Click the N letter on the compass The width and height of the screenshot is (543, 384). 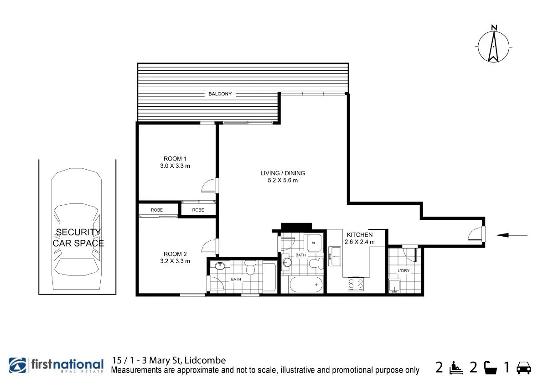[x=494, y=27]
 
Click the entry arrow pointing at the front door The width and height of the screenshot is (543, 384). [x=511, y=235]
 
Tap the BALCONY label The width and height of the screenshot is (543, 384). [x=220, y=94]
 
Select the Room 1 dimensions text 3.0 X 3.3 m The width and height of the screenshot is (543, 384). [x=172, y=166]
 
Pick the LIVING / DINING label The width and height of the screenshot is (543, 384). [x=283, y=173]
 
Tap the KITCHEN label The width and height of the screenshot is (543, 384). [x=360, y=235]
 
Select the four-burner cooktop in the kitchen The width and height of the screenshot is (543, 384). [x=356, y=284]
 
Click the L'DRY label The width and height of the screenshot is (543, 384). [x=403, y=271]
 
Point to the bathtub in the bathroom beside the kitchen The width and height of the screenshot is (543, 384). [x=302, y=285]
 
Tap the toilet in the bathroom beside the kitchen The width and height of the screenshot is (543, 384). [x=315, y=263]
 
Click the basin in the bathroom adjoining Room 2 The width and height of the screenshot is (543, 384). [x=220, y=265]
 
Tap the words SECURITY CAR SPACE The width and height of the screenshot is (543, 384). [x=78, y=238]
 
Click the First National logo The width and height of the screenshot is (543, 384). [x=56, y=366]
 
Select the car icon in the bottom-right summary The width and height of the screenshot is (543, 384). [x=523, y=367]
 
